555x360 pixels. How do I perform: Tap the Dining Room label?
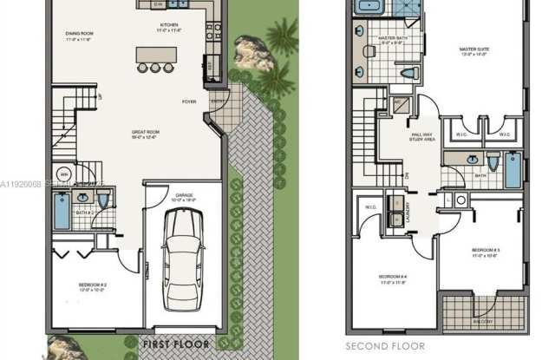(79, 36)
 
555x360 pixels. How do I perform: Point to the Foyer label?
(188, 101)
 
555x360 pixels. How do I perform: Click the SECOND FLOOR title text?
(385, 346)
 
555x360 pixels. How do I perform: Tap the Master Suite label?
(474, 51)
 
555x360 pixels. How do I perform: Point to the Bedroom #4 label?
(392, 279)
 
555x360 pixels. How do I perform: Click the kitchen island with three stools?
(155, 56)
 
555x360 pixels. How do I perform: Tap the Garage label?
(184, 198)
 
